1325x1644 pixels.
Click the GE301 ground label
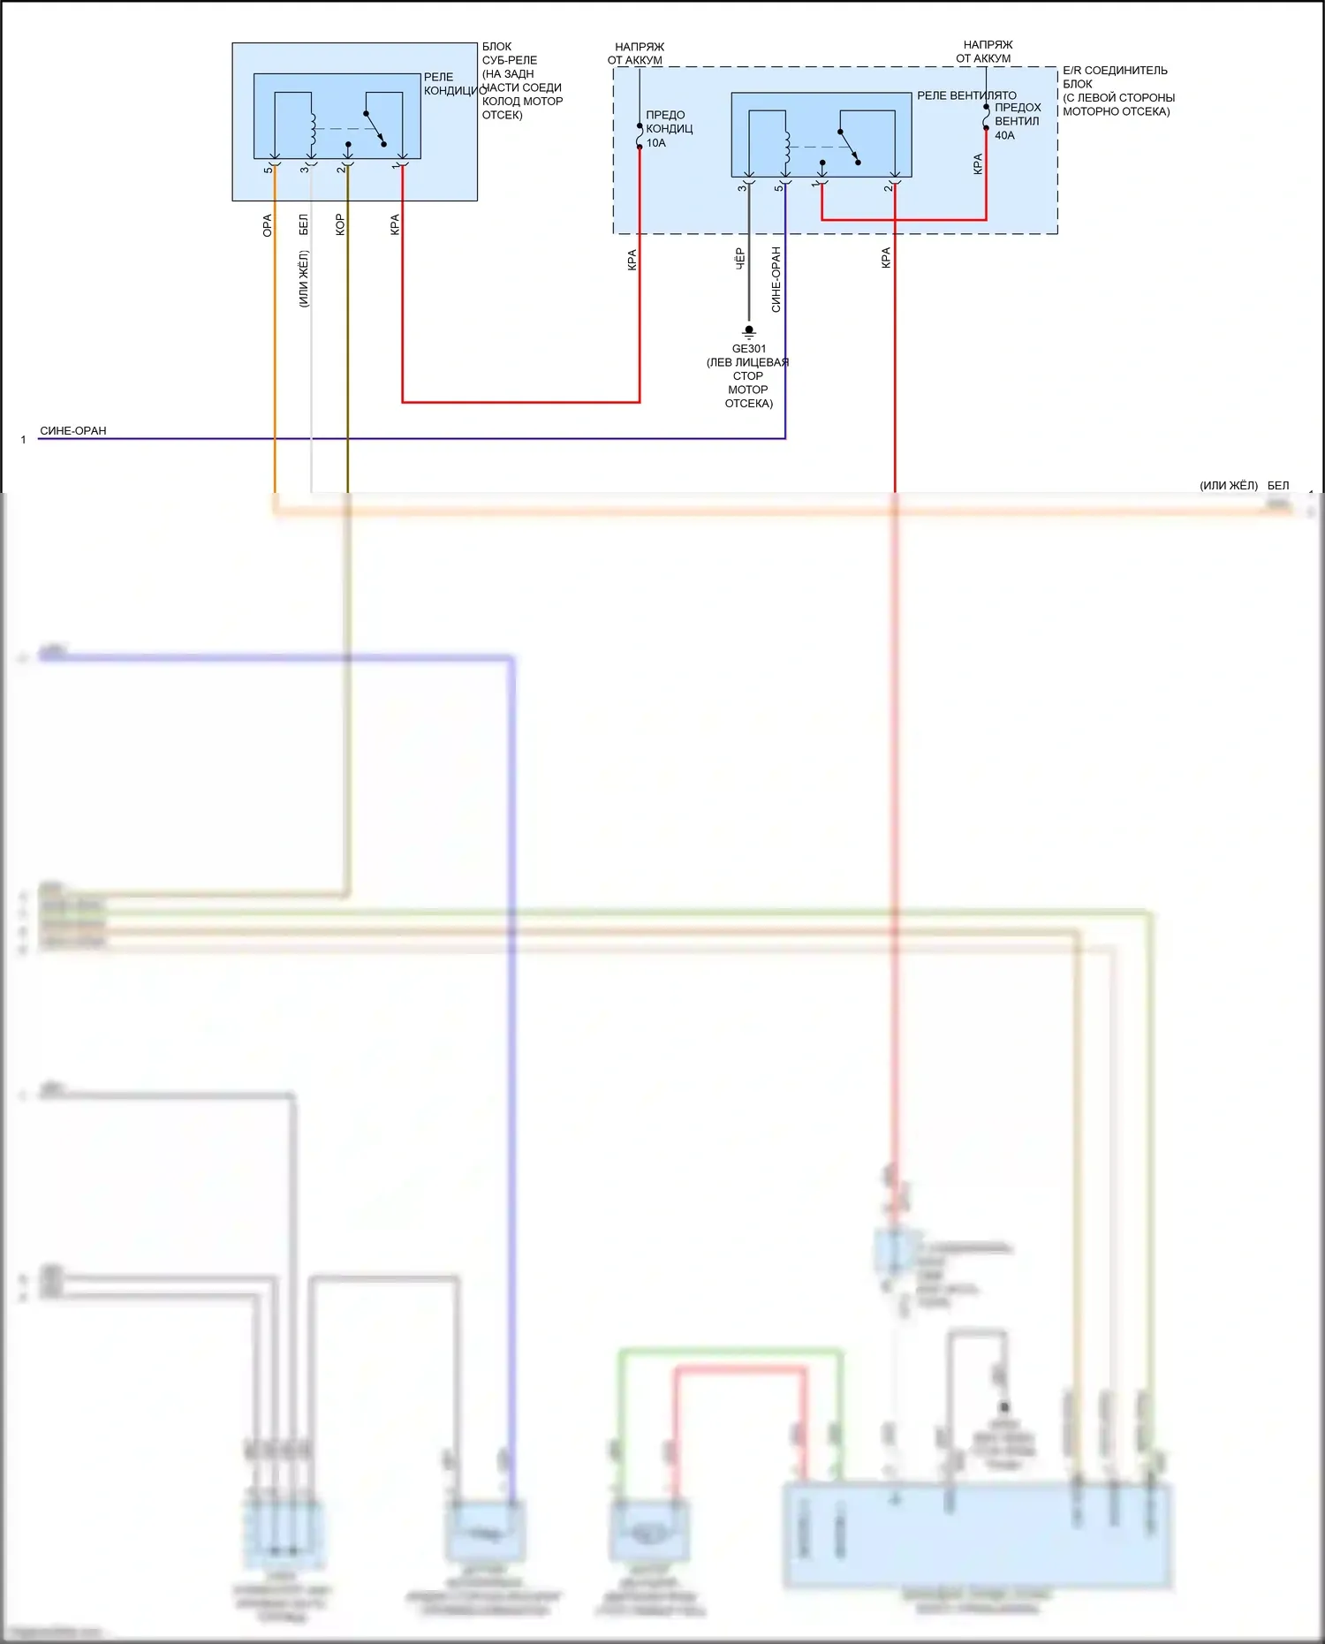748,349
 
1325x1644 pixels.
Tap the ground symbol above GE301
749,333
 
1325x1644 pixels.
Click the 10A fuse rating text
656,143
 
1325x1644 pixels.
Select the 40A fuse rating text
1004,136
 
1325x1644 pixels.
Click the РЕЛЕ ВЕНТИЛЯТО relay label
966,95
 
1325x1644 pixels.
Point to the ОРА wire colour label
268,225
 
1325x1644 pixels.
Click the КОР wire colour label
340,224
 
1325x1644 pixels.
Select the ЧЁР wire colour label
740,258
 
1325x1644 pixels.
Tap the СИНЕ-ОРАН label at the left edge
73,431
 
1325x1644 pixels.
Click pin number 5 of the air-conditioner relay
268,169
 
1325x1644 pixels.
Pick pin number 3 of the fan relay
741,187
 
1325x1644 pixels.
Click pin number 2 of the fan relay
887,187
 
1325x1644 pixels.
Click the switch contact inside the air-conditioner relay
375,128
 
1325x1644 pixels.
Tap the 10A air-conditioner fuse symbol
640,136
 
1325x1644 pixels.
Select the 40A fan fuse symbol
986,117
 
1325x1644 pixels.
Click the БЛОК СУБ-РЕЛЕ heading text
509,53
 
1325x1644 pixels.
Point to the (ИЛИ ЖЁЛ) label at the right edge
1228,486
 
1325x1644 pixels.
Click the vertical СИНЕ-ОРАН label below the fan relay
776,279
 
